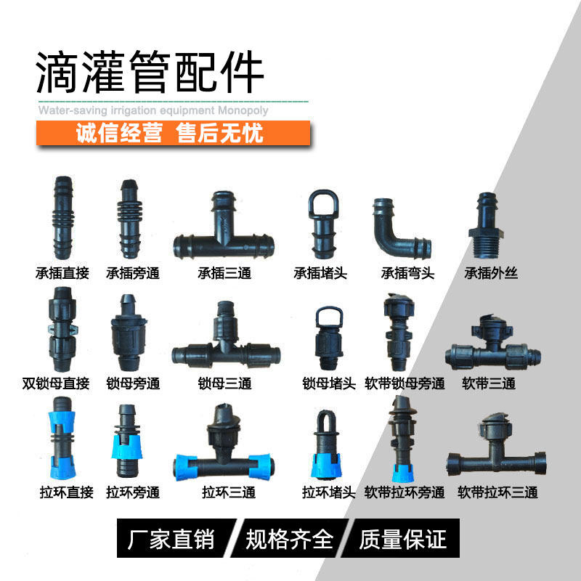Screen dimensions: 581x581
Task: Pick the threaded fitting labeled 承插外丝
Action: (x=485, y=226)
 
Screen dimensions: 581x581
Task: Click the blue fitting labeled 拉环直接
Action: (x=63, y=441)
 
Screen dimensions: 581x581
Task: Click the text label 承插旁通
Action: (x=132, y=274)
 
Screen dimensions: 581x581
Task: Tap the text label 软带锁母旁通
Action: (x=405, y=383)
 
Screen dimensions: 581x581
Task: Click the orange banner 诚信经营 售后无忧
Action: (x=171, y=134)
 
